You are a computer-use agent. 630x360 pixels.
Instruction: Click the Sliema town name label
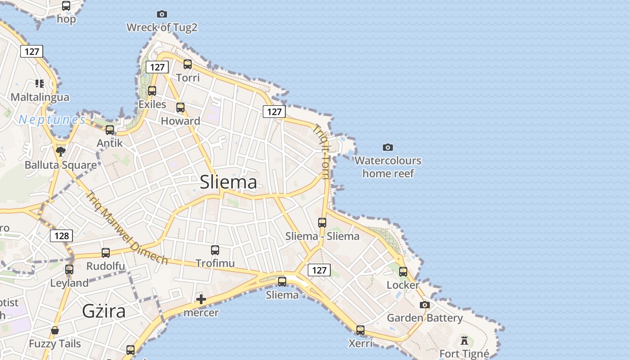click(228, 182)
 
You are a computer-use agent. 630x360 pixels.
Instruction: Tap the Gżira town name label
click(103, 311)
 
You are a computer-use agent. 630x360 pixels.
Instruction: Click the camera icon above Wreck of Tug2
click(162, 14)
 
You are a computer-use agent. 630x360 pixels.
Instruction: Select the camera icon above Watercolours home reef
click(387, 147)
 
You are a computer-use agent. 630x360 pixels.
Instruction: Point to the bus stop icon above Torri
click(188, 64)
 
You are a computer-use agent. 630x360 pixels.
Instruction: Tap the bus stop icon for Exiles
click(152, 91)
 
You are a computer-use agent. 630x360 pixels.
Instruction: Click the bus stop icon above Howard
click(180, 108)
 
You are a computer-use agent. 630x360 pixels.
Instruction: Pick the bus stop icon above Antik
click(110, 130)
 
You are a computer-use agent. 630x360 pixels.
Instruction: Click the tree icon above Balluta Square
click(61, 151)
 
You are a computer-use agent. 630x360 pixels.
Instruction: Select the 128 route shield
click(61, 235)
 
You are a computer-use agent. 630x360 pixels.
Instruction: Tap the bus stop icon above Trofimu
click(215, 250)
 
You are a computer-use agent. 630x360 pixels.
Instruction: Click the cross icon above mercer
click(201, 299)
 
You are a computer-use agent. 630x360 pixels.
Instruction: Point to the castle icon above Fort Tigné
click(464, 340)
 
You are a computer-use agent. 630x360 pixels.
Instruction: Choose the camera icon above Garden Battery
click(424, 305)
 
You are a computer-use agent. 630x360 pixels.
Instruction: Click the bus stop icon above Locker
click(403, 272)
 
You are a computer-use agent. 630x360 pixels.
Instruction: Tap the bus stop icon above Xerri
click(360, 330)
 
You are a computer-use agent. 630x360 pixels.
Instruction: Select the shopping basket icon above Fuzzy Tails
click(55, 331)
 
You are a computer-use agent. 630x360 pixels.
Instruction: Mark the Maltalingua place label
click(40, 97)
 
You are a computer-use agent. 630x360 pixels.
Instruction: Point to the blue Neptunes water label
click(52, 120)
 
